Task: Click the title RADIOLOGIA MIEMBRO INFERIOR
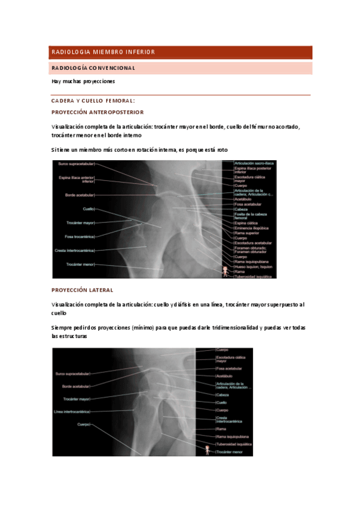pos(103,52)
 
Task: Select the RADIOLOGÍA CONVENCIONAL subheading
pos(93,68)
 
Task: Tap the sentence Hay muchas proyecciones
pos(83,81)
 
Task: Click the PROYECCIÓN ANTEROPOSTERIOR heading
pos(98,112)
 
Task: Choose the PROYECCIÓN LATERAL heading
pos(82,290)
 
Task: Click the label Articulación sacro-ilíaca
pos(254,163)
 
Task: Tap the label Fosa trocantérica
pos(80,236)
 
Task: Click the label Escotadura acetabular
pos(253,243)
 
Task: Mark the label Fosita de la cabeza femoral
pos(250,216)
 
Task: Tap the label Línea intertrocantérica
pos(72,412)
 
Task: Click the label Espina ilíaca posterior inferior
pos(253,170)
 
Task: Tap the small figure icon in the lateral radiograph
pos(209,449)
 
